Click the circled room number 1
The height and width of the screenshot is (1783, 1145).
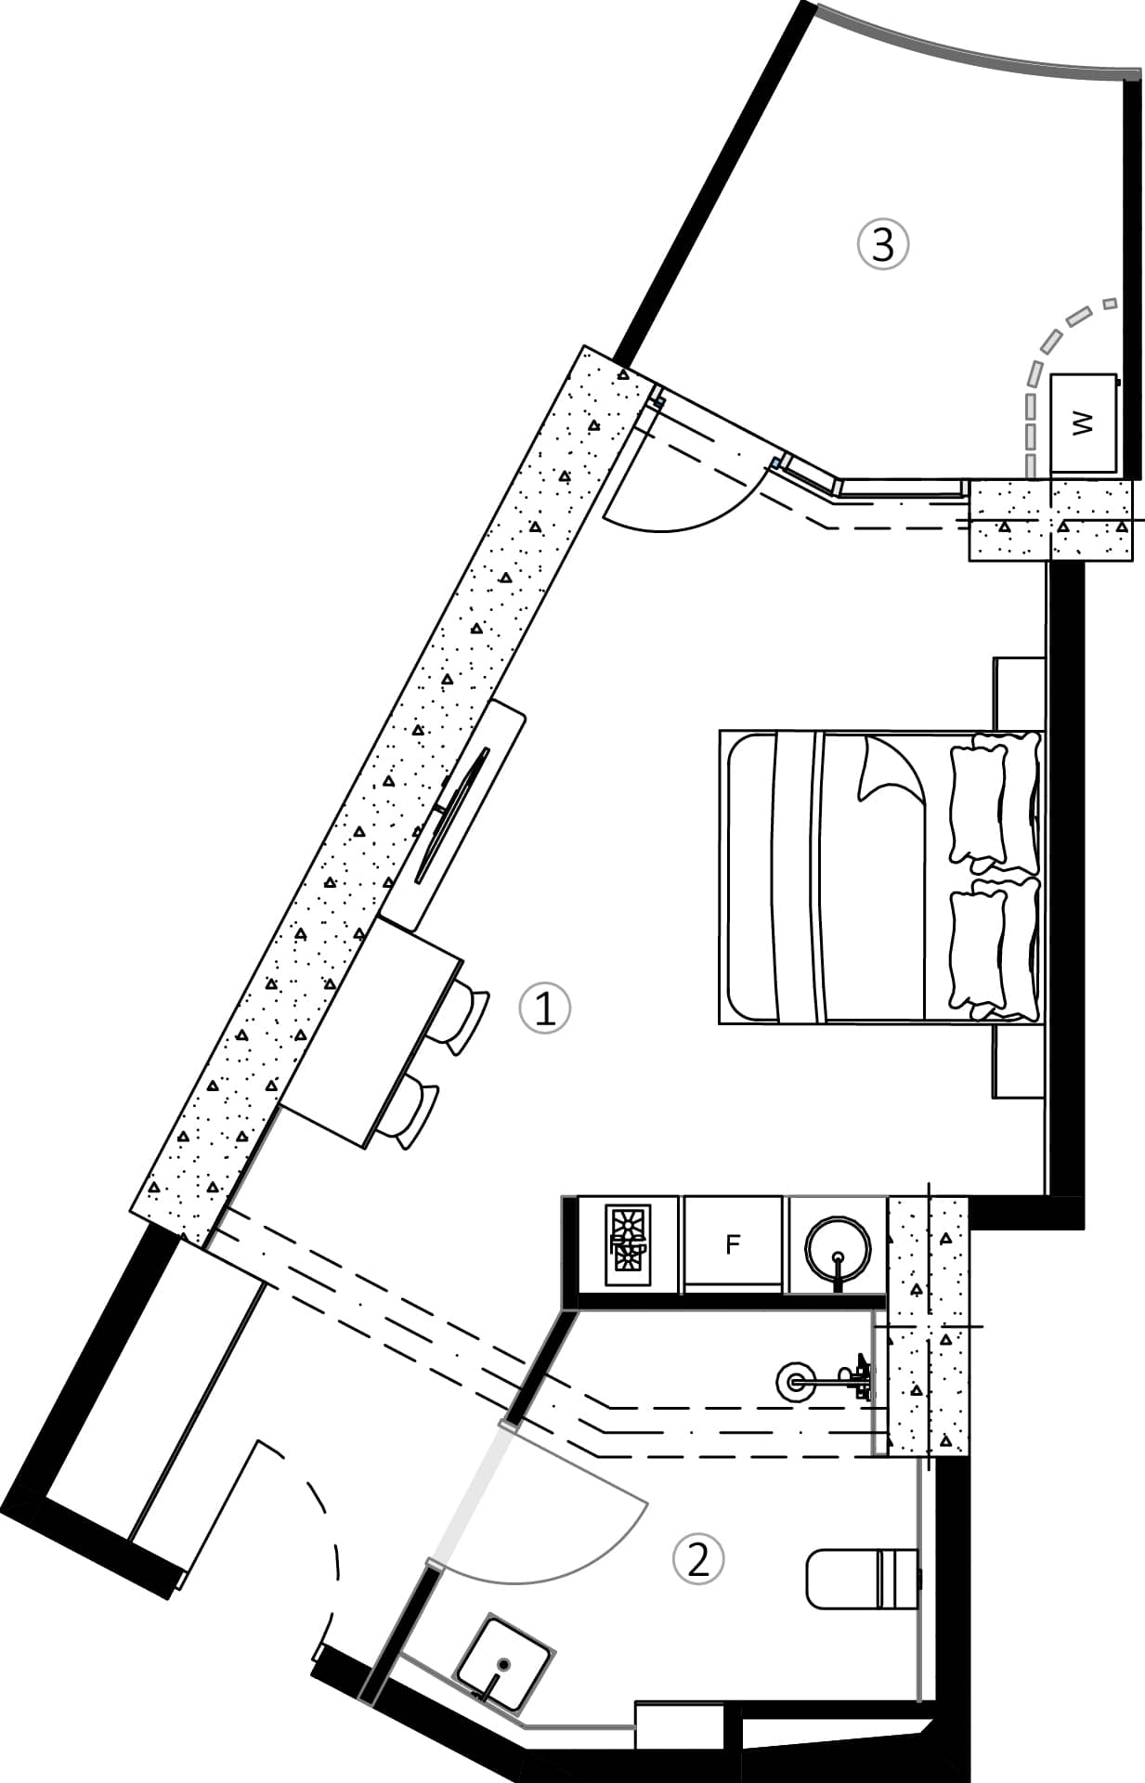(544, 1009)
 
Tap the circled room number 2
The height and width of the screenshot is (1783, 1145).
(697, 1559)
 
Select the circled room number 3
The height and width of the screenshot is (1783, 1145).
(882, 244)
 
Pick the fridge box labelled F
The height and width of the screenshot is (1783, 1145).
(733, 1243)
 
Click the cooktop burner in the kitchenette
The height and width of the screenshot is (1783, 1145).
(628, 1244)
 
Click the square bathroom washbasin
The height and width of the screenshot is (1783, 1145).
(503, 1664)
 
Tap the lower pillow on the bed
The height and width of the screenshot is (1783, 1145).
(980, 949)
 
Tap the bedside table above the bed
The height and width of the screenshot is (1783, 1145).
(1019, 693)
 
